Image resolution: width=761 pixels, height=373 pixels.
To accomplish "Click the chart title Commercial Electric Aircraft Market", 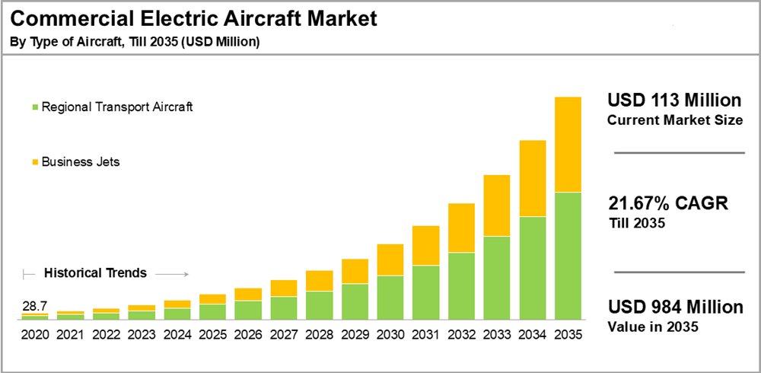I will (194, 19).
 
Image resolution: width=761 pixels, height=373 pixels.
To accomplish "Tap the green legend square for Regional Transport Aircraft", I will (33, 107).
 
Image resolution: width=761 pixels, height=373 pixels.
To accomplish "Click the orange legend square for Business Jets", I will (33, 162).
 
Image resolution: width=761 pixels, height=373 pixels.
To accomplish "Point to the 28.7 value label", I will (34, 306).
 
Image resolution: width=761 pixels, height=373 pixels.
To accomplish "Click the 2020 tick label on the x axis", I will (34, 334).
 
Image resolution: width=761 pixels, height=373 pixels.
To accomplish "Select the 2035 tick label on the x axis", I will (568, 334).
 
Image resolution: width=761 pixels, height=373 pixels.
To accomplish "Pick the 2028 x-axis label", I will (319, 334).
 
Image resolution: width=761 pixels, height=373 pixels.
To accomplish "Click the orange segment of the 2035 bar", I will (568, 145).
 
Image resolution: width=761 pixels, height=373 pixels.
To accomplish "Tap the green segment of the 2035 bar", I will (568, 255).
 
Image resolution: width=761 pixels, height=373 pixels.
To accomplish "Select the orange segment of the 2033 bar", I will (497, 206).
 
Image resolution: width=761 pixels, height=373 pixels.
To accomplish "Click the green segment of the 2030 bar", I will (390, 297).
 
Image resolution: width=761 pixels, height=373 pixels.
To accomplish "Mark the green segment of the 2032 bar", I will (461, 285).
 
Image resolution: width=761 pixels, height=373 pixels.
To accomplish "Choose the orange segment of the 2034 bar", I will (533, 179).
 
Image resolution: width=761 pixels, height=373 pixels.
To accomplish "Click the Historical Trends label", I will (95, 273).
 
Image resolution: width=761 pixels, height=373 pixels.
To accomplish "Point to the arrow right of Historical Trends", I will (176, 273).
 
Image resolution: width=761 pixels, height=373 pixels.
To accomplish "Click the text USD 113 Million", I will (674, 100).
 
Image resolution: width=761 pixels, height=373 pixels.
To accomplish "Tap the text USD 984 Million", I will (675, 308).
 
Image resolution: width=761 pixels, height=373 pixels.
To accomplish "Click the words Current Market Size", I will (674, 120).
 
